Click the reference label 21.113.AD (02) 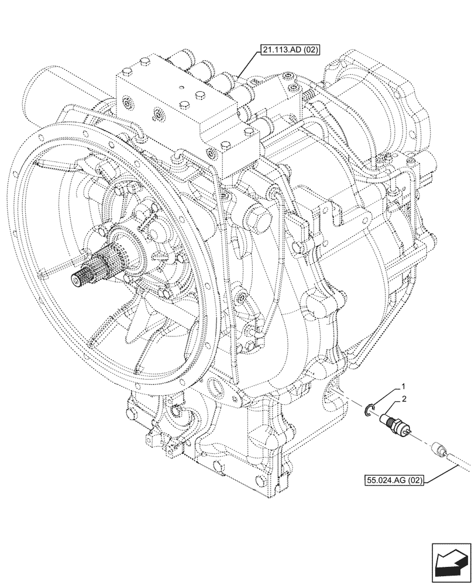[x=287, y=51]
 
